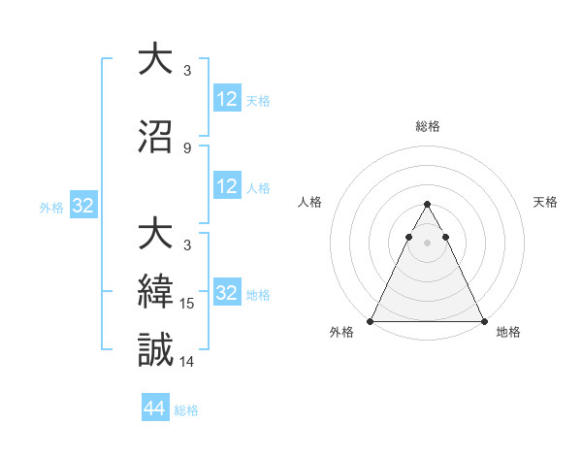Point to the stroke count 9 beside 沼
(x=187, y=148)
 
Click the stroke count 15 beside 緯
(x=188, y=304)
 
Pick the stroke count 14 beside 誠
(x=188, y=362)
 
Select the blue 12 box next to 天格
(x=227, y=99)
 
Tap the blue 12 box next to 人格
(x=227, y=186)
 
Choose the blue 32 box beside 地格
(x=227, y=293)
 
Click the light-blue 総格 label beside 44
(x=186, y=410)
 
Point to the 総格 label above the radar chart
(x=427, y=126)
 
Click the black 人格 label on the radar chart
(x=311, y=202)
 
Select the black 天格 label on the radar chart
(x=545, y=202)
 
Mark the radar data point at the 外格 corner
(x=371, y=320)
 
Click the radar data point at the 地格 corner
(x=484, y=320)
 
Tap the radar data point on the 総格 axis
(x=427, y=205)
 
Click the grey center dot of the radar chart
(x=427, y=242)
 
